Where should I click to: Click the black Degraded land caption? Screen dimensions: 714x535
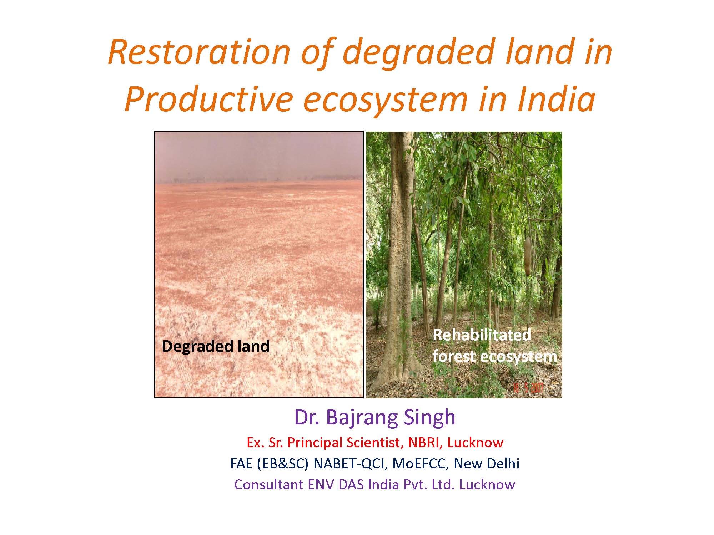[x=216, y=346]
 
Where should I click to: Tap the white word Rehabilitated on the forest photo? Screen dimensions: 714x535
[x=482, y=335]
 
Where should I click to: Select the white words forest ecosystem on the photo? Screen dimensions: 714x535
[x=495, y=356]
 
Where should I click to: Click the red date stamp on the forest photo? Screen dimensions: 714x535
[x=528, y=388]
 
